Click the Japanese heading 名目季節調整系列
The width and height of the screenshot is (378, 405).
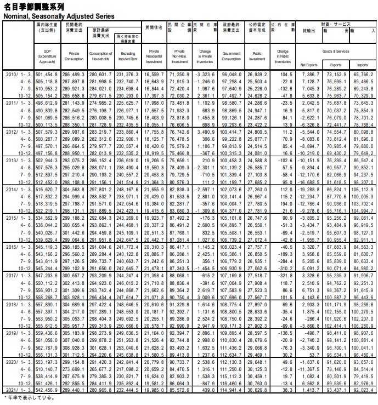tap(34, 7)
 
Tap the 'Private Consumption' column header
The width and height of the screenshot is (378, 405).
tap(74, 56)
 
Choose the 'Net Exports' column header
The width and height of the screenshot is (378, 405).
tap(309, 65)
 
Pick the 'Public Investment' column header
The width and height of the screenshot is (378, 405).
tap(257, 56)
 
